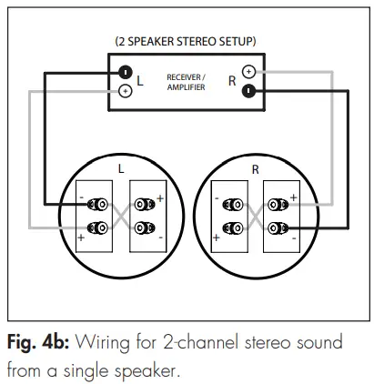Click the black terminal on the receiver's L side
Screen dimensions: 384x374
[x=125, y=72]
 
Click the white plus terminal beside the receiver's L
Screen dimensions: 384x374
[x=125, y=90]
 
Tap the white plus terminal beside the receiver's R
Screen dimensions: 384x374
[x=248, y=71]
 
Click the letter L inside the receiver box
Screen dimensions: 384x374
[x=140, y=82]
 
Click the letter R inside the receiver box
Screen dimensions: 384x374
[x=231, y=81]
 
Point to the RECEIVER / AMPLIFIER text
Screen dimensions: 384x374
[x=186, y=82]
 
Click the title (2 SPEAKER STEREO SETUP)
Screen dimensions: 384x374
[x=186, y=42]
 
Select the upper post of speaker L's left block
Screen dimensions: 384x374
[x=96, y=205]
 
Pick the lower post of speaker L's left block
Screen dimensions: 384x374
[x=96, y=227]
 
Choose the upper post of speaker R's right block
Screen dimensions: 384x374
[x=278, y=205]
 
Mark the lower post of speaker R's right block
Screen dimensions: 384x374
[x=278, y=227]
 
